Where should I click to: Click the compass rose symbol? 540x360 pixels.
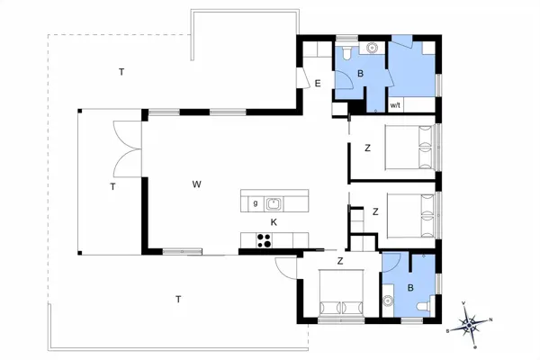coord(472,322)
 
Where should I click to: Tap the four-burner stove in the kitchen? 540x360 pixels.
coord(265,239)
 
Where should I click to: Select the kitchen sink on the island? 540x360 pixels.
coord(274,203)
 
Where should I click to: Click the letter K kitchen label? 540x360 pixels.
coord(274,222)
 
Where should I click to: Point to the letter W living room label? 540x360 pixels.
coord(195,184)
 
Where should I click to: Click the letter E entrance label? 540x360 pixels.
coord(318,84)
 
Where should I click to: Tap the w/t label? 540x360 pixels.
coord(395,105)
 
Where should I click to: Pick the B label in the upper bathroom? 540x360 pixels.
coord(359,75)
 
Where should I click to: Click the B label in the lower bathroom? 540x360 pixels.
coord(410,288)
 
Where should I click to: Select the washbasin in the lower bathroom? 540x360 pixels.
coord(389,300)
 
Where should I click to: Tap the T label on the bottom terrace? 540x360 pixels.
coord(178,299)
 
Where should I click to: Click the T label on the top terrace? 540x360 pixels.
coord(121,70)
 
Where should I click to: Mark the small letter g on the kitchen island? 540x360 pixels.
coord(255,203)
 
